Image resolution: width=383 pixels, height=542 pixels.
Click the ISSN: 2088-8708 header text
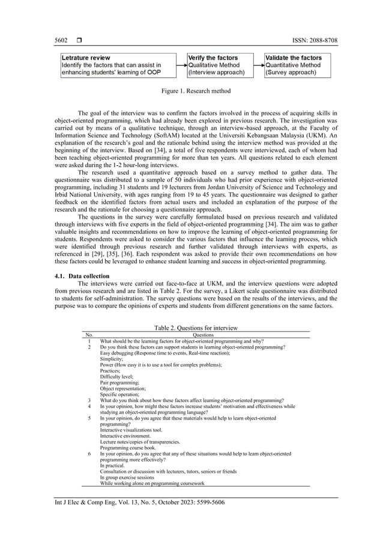(x=312, y=40)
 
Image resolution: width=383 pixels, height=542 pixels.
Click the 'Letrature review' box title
(x=85, y=58)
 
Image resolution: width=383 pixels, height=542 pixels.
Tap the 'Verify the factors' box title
(x=213, y=58)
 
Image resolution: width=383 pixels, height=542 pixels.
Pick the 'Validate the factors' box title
(x=294, y=58)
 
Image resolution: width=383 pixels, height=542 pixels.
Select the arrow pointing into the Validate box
(x=259, y=65)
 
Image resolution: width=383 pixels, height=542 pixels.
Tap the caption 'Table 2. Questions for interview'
(x=196, y=327)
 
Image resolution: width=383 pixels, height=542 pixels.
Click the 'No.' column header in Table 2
(x=89, y=335)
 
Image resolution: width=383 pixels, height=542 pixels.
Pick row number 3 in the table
(x=89, y=400)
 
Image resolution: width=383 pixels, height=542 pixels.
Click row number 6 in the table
(x=89, y=454)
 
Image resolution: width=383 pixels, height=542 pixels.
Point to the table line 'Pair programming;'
(x=119, y=382)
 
